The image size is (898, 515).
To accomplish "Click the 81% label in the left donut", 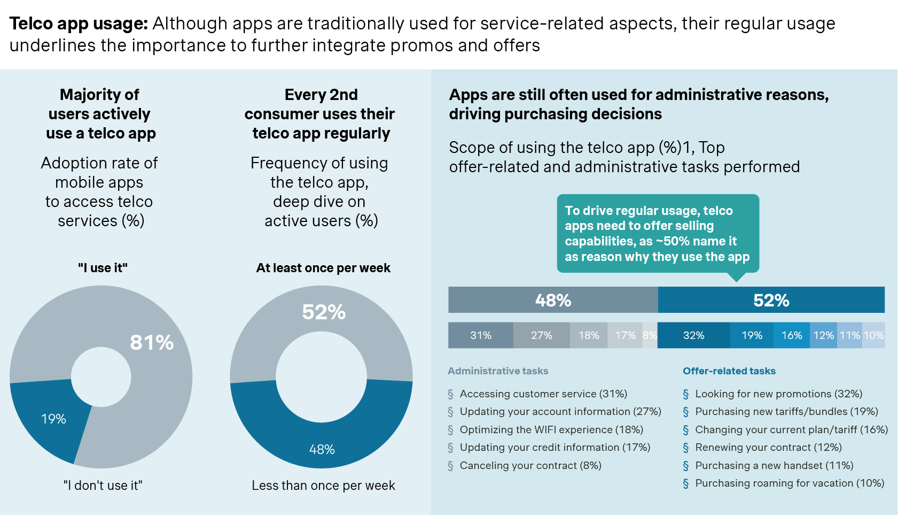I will [152, 342].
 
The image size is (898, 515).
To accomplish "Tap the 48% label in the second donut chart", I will [322, 449].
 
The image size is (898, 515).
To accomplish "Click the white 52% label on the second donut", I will [324, 312].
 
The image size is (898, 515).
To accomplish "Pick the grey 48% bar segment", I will [553, 300].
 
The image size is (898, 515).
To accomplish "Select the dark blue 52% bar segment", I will [771, 300].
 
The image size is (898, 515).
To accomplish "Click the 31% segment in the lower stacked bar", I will [480, 335].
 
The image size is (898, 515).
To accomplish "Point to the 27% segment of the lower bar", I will [541, 335].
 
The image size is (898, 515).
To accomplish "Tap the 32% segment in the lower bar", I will [693, 335].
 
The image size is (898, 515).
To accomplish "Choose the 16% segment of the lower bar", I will [791, 335].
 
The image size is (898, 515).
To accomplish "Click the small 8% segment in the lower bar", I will [650, 335].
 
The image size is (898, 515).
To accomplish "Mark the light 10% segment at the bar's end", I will [874, 335].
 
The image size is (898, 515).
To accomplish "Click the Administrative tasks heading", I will [498, 371].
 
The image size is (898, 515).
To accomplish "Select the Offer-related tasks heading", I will [729, 371].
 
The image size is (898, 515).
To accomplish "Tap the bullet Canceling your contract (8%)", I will [530, 465].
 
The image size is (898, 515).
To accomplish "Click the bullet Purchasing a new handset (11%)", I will [774, 465].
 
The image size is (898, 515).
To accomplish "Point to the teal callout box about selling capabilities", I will [657, 234].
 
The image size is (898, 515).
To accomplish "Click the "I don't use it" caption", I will [103, 486].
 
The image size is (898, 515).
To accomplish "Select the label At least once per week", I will [323, 268].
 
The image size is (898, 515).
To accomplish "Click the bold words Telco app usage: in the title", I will [79, 24].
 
